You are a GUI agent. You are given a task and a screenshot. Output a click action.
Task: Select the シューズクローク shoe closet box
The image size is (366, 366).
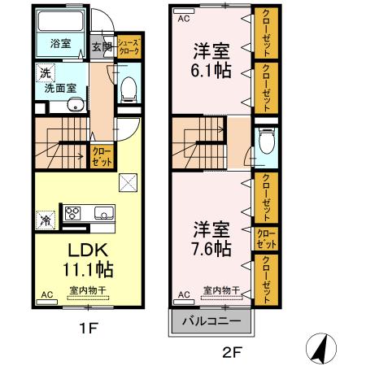click(x=129, y=46)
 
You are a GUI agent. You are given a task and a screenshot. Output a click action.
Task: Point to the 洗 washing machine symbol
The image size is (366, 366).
click(x=42, y=73)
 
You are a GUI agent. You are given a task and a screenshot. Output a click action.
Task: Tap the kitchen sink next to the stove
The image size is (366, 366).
click(x=103, y=214)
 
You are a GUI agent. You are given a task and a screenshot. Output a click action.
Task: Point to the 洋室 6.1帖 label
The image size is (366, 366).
click(x=211, y=60)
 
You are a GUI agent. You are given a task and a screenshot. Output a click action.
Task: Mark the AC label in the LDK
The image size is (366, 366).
click(x=46, y=295)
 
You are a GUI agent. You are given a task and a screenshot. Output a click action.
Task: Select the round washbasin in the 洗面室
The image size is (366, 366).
click(x=72, y=103)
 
